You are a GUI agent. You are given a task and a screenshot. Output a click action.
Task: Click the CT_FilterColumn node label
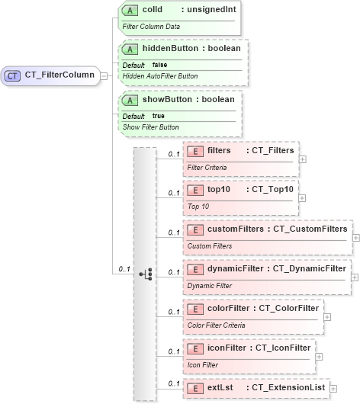(60, 75)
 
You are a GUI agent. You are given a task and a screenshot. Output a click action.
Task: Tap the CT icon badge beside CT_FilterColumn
(13, 75)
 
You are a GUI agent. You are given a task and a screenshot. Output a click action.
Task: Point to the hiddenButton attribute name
(168, 48)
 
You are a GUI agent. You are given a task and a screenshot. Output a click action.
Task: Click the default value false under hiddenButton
(160, 65)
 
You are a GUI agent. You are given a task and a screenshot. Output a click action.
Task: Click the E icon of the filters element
(194, 150)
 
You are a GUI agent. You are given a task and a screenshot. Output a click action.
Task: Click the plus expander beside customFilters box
(356, 238)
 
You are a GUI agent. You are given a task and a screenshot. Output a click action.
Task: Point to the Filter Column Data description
(151, 26)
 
